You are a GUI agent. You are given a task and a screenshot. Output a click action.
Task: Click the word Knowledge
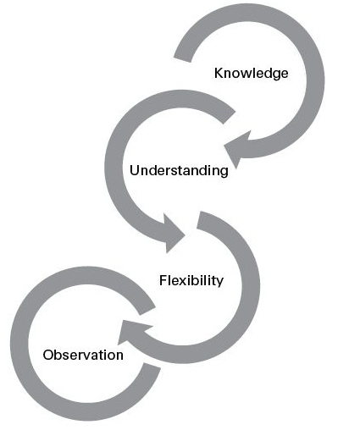coord(251,74)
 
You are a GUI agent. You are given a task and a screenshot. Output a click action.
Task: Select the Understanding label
coord(179,170)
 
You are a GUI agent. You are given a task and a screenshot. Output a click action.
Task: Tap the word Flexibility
coord(191,280)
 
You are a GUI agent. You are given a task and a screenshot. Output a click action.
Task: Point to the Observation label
coord(83,355)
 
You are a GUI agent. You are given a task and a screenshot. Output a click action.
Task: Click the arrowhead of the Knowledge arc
coord(235,149)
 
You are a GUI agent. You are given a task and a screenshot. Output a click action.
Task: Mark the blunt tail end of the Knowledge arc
coord(183,58)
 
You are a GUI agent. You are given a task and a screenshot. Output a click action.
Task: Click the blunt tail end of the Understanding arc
coord(229,117)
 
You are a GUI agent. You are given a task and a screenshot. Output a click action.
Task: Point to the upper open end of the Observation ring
coord(147,311)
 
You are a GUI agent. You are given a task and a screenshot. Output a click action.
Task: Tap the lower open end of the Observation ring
coord(152,366)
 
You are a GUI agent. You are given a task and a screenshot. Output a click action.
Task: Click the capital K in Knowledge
coord(219,73)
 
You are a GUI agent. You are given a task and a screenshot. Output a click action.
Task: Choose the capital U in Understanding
coord(135,170)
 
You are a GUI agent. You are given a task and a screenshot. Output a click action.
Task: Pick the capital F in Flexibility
coord(163,280)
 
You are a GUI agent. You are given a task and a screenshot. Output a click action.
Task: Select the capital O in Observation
coord(48,355)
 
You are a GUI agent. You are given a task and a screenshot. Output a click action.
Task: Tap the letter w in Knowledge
coord(247,74)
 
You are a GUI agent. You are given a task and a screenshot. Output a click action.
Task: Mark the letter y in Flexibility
coord(220,284)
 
